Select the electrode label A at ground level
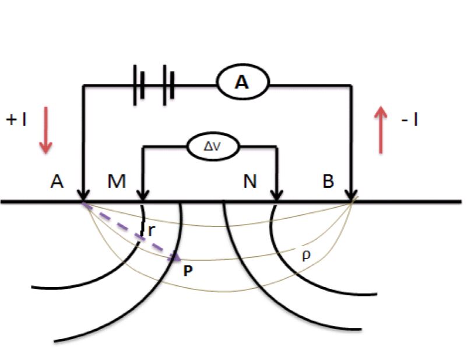click(57, 181)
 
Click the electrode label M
click(117, 181)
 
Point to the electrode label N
click(250, 181)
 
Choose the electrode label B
click(328, 181)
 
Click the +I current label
click(16, 120)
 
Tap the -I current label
click(410, 120)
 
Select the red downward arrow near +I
click(46, 130)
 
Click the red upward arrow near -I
click(381, 130)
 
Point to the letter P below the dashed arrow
click(188, 271)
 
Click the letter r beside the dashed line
click(152, 230)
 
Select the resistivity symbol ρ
click(306, 256)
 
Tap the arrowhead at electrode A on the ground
click(83, 195)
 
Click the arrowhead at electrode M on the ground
click(143, 195)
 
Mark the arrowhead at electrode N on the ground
click(277, 195)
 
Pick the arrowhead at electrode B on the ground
click(351, 195)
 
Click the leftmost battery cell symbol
click(139, 85)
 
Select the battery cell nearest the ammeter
click(168, 85)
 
